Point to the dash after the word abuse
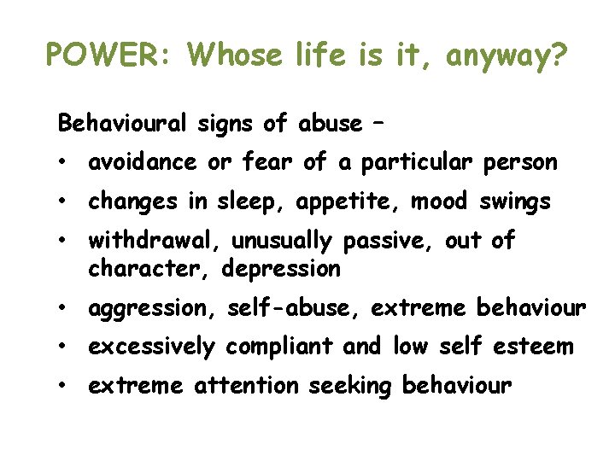(x=377, y=124)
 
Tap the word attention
(x=247, y=387)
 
